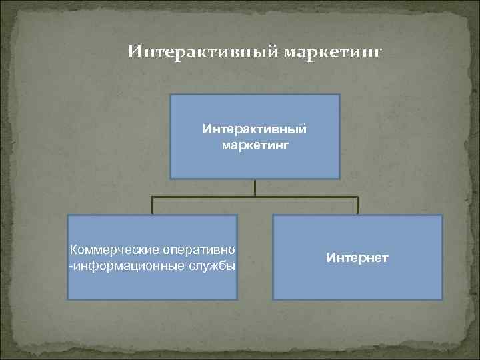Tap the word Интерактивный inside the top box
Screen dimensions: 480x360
coord(255,127)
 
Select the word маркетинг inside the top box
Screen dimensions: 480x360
coord(255,143)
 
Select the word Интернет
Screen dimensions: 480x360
coord(357,257)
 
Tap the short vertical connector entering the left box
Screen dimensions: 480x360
coord(153,205)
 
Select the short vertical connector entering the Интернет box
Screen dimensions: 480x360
coord(357,205)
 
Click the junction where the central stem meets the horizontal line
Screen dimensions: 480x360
coord(255,197)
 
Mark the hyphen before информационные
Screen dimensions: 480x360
coord(71,267)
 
